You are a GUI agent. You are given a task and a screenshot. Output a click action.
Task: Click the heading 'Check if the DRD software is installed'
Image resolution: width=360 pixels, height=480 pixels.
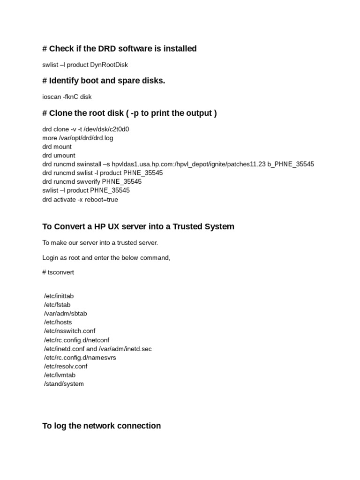(x=120, y=49)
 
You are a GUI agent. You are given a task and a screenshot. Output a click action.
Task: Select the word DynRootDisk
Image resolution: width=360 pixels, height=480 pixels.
(x=110, y=65)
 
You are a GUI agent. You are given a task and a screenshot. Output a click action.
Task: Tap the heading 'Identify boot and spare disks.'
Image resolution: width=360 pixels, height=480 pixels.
(x=104, y=81)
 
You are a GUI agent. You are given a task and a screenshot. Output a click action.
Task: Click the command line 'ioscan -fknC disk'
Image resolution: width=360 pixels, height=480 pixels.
(x=67, y=97)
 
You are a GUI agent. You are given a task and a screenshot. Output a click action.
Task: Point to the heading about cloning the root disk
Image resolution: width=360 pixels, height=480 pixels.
(x=129, y=113)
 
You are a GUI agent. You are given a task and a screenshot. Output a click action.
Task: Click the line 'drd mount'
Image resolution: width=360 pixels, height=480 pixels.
(x=57, y=147)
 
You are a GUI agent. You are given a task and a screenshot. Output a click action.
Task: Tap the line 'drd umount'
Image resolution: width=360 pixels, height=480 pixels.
(x=59, y=155)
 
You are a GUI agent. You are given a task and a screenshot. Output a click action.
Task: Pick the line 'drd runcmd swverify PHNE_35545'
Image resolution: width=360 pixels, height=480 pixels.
(x=92, y=181)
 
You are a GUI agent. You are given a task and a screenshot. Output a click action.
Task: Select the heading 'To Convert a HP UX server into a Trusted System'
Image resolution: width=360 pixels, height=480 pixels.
(x=138, y=226)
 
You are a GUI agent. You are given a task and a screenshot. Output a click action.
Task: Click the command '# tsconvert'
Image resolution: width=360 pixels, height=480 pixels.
(x=58, y=272)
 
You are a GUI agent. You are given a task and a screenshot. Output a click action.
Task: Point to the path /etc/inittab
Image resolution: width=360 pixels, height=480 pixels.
(x=59, y=296)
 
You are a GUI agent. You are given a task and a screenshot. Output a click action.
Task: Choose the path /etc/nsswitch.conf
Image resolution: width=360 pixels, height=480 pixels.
(x=69, y=331)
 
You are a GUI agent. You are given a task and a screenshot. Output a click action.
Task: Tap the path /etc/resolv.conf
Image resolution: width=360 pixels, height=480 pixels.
(x=66, y=366)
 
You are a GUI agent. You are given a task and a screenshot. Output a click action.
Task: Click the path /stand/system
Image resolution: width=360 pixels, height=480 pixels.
(x=64, y=384)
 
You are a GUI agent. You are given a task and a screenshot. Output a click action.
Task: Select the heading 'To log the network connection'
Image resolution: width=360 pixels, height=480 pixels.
(x=102, y=426)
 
